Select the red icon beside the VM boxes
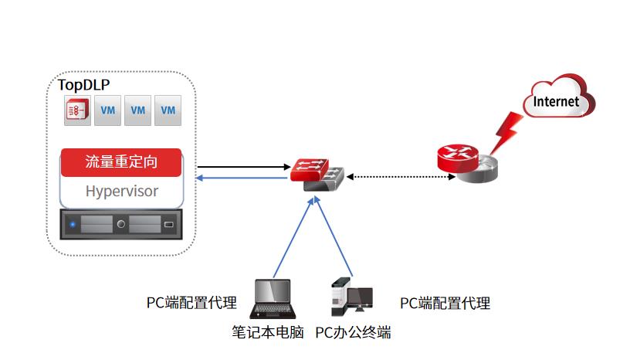(77, 110)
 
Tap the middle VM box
(137, 110)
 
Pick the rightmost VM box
(168, 110)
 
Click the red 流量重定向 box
(121, 162)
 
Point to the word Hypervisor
(121, 191)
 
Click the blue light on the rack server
(73, 225)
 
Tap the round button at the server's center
(121, 225)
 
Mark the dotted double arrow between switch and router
(401, 177)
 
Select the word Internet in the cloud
(556, 102)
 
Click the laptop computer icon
(273, 299)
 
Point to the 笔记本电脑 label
(268, 333)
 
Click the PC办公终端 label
(353, 333)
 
